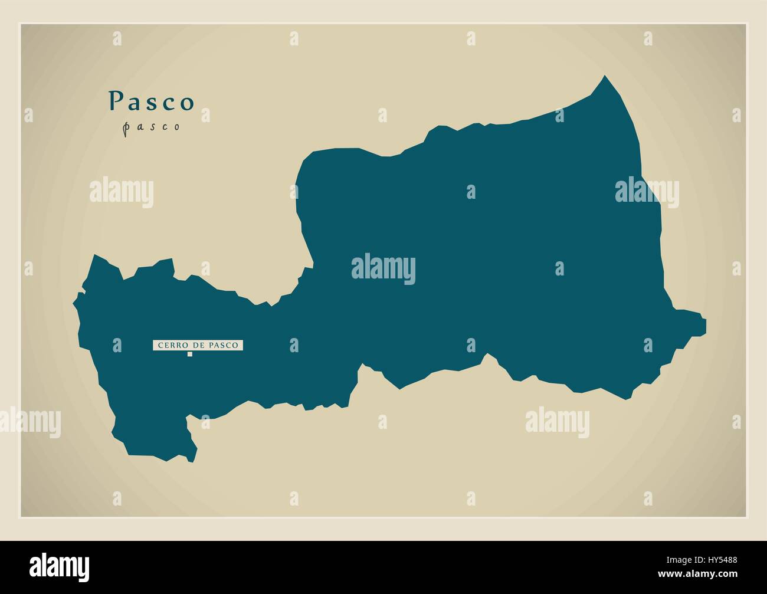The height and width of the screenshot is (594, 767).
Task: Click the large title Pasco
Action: pos(151,101)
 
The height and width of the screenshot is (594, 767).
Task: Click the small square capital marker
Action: pos(190,355)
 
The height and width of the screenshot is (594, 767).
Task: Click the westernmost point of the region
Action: pos(74,303)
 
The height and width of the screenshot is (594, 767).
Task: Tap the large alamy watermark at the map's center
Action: pos(383,270)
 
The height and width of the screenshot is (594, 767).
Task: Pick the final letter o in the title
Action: pos(188,103)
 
